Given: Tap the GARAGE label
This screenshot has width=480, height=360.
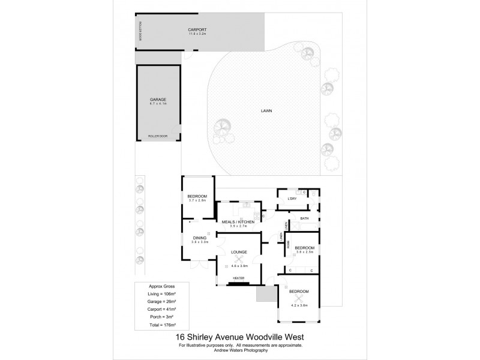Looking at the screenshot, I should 157,99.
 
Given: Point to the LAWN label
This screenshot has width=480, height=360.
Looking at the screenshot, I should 267,111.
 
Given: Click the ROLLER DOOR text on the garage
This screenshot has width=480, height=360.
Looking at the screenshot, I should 158,137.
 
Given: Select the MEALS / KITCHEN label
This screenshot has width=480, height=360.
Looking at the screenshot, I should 239,222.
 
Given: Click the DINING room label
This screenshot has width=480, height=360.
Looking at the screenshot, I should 199,238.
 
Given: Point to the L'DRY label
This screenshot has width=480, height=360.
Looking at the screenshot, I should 292,199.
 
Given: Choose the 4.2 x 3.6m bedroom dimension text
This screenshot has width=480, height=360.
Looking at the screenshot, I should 299,305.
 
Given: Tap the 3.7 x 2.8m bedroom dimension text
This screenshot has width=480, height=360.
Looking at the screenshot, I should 197,200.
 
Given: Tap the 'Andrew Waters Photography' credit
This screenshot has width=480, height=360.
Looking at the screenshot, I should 240,350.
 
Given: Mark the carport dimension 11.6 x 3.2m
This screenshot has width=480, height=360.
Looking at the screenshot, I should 197,34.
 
